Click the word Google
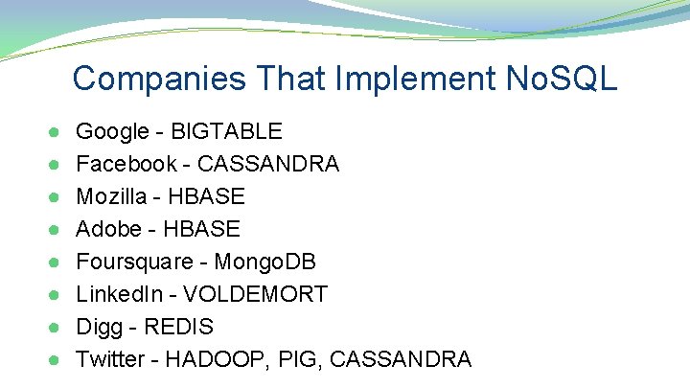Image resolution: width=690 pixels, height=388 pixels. coord(111,131)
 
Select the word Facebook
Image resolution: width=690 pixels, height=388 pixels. coord(126,164)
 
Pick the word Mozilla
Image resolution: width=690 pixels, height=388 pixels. coord(114,196)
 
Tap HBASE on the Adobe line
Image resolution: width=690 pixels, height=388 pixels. coord(201,229)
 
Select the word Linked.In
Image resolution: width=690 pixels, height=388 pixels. coord(116,294)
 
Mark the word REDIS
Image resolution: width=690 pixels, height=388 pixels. coord(178,327)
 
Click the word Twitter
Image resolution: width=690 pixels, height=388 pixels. coord(112,359)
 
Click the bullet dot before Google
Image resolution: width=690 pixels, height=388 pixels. coord(54,132)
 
